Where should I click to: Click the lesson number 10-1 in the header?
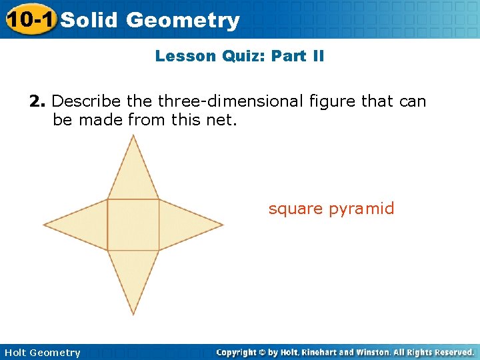[29, 19]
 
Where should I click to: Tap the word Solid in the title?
[89, 20]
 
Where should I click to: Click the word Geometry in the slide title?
[182, 20]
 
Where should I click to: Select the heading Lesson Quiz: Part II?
[239, 56]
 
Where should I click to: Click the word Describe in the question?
[86, 101]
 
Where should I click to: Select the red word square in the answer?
[296, 209]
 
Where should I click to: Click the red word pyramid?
[362, 209]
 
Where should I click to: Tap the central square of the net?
[133, 225]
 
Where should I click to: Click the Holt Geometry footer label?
[42, 352]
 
